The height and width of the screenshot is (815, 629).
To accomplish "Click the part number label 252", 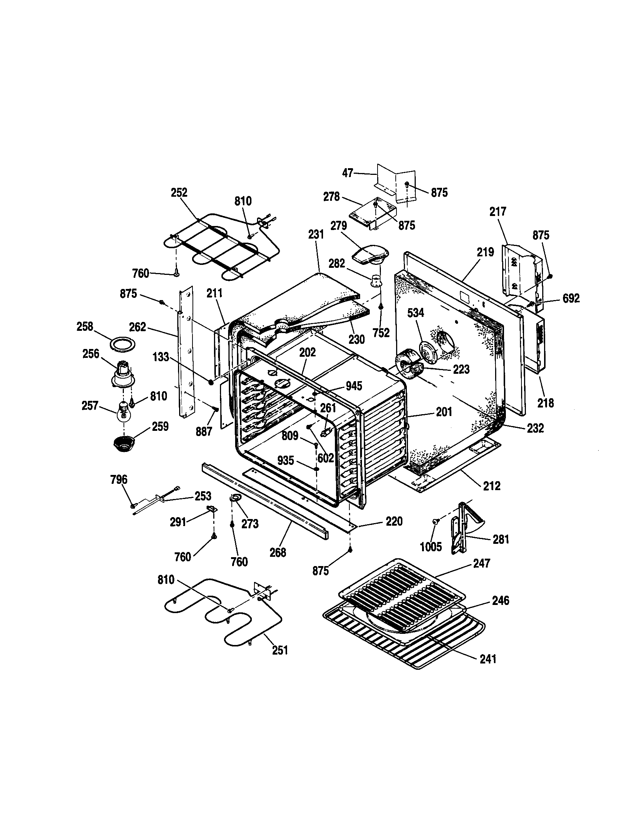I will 179,193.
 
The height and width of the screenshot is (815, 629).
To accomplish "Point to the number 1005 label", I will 431,547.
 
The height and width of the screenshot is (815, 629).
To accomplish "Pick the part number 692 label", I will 571,298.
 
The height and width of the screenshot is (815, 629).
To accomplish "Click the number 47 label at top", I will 348,173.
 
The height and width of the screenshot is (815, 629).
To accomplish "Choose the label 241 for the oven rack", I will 488,659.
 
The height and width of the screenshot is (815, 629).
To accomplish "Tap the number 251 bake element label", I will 280,650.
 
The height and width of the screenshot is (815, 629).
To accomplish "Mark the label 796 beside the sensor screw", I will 119,479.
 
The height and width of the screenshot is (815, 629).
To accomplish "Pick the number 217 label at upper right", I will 497,212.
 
